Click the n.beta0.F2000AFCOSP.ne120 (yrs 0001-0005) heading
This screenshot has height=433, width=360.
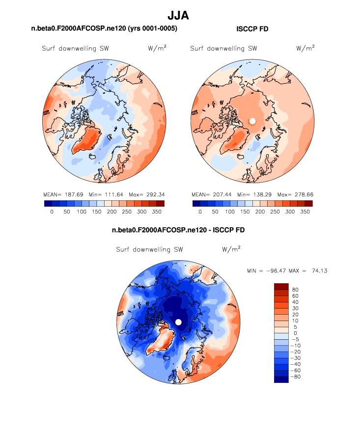(104, 29)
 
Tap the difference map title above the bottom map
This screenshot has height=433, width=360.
(178, 230)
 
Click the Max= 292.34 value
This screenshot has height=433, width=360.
(146, 194)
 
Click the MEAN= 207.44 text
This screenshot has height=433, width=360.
(207, 194)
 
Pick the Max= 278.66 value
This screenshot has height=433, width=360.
(295, 194)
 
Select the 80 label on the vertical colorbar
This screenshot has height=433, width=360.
(295, 290)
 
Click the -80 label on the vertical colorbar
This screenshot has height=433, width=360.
(296, 377)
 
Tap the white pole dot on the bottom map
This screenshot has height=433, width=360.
(178, 322)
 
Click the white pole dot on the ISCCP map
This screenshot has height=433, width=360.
(252, 121)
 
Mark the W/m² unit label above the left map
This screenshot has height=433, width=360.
(157, 48)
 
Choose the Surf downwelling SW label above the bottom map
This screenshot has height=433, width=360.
(149, 249)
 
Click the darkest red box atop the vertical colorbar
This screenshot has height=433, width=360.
(281, 286)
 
